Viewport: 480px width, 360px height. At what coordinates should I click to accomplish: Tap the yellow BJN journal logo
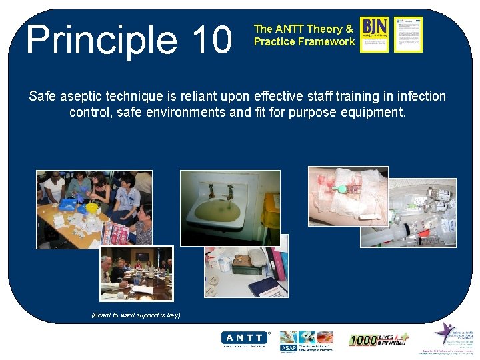tap(374, 34)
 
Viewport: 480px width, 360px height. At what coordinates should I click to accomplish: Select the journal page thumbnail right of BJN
tap(408, 35)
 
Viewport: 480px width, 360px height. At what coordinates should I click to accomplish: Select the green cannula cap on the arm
tap(341, 189)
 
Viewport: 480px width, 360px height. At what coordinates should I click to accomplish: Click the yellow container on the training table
tap(91, 209)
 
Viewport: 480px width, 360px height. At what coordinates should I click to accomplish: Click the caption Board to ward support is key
tap(135, 315)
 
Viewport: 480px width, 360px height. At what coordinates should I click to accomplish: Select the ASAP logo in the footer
tap(289, 347)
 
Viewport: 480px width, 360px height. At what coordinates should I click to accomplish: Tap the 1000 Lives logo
tap(378, 339)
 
